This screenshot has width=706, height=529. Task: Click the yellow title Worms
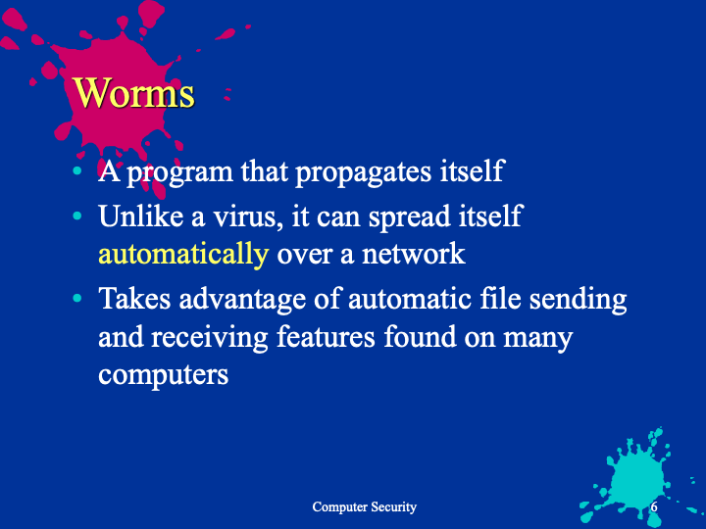tap(134, 92)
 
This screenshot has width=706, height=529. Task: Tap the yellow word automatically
tap(183, 255)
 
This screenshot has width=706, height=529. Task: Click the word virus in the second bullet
tap(246, 216)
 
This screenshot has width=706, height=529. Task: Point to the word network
tap(414, 254)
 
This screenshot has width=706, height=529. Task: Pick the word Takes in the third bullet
tap(134, 298)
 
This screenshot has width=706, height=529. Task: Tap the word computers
tap(164, 375)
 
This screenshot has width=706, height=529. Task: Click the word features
tap(326, 336)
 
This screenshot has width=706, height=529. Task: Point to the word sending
tap(578, 300)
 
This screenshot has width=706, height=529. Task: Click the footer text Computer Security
tap(364, 507)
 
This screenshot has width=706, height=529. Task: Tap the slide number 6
tap(654, 506)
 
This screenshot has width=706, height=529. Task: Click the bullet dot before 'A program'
tap(77, 170)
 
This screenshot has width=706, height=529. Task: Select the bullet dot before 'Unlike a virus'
tap(77, 216)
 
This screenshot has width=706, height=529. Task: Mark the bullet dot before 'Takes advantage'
tap(77, 298)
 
